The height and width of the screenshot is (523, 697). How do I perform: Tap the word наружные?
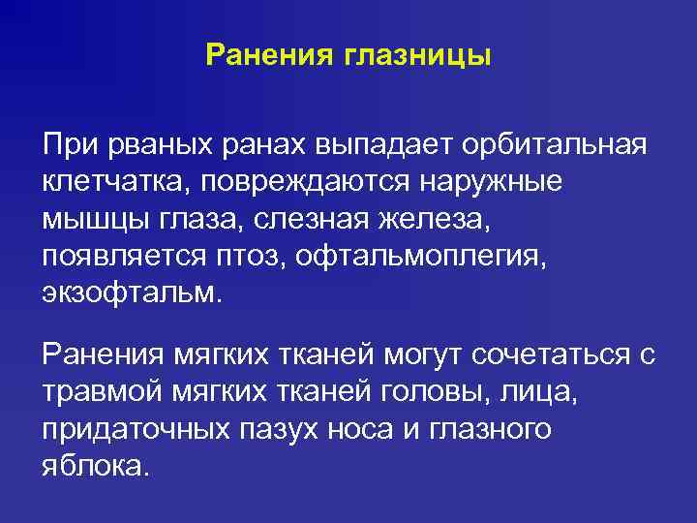pyautogui.click(x=493, y=182)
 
